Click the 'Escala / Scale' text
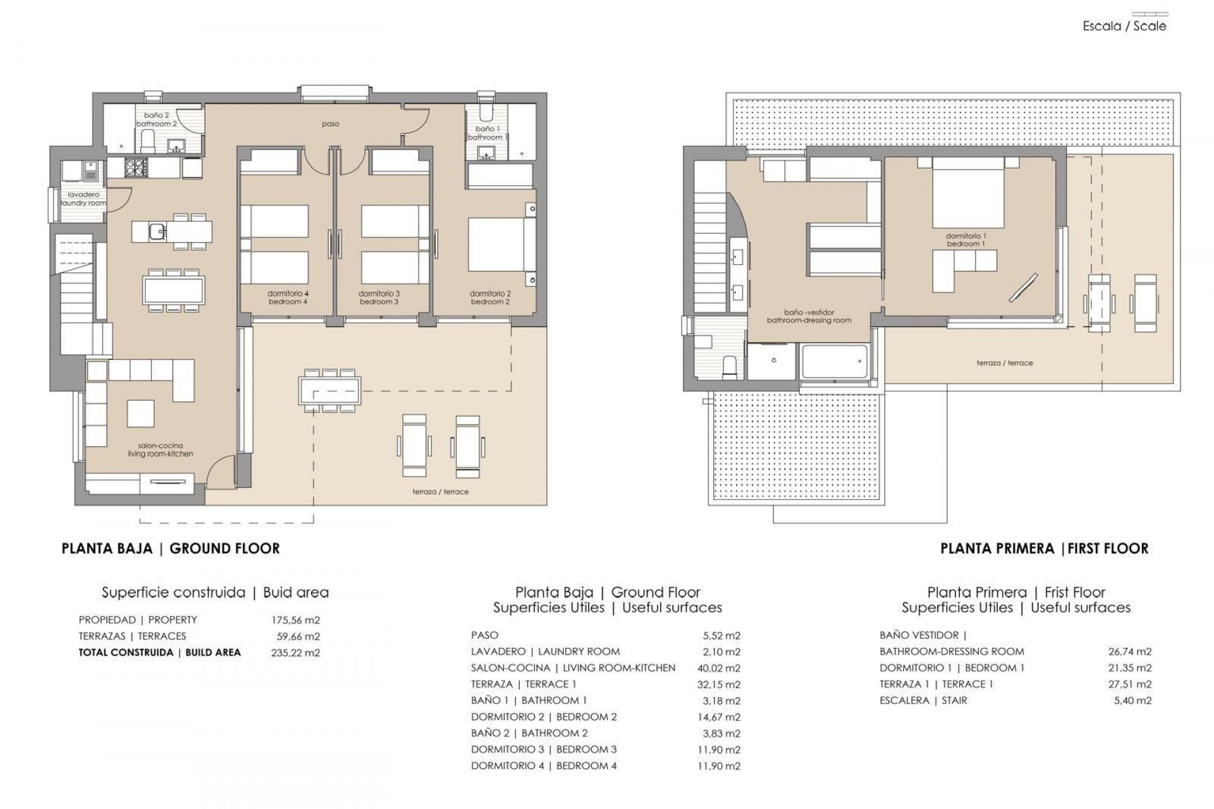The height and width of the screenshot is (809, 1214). [1124, 27]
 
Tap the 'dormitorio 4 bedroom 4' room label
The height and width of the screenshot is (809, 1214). [288, 298]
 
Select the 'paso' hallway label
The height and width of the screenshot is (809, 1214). [330, 124]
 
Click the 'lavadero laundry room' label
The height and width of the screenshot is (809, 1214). [83, 199]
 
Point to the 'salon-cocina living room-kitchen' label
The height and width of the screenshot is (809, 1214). [160, 450]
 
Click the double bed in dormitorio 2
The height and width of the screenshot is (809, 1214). [495, 244]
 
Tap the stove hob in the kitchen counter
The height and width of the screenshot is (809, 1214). [137, 167]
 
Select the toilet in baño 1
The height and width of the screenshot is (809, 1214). [486, 111]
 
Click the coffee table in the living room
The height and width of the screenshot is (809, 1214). [140, 413]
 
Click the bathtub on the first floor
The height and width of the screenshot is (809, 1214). [835, 362]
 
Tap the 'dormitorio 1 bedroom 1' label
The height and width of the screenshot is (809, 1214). [966, 240]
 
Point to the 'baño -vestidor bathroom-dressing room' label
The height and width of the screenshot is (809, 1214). [809, 316]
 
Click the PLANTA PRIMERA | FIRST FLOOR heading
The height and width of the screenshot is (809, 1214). [1044, 549]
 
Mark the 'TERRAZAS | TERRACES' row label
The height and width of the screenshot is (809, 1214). [132, 636]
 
